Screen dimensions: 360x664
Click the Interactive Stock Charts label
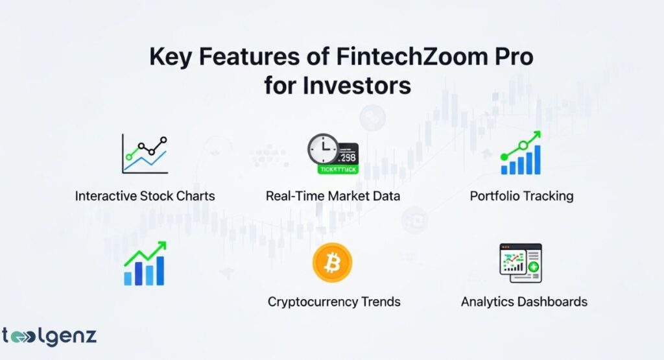click(145, 196)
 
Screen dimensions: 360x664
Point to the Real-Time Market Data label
click(332, 196)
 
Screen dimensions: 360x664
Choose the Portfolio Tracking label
click(521, 196)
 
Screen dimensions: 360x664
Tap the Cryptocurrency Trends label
click(334, 302)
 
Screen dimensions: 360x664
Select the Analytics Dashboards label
click(524, 302)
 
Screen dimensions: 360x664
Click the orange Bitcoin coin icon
click(332, 263)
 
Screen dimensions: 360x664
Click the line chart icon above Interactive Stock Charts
click(145, 154)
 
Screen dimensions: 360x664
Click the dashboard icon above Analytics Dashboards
click(520, 263)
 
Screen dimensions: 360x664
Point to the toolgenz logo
click(49, 337)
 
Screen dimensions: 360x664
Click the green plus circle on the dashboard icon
click(533, 267)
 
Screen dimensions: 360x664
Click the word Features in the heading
click(246, 57)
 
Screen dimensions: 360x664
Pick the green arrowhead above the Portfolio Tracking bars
click(536, 136)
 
